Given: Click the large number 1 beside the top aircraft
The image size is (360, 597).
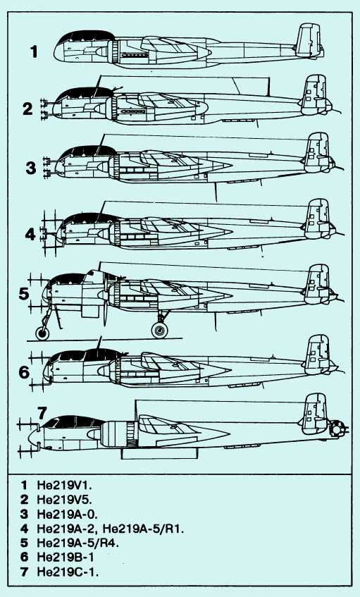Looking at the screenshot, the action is click(x=35, y=51).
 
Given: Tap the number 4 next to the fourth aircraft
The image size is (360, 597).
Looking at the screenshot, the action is click(x=30, y=234).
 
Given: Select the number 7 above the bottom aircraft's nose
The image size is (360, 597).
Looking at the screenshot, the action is click(x=42, y=413).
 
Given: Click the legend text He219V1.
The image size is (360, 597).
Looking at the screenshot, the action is click(x=65, y=486).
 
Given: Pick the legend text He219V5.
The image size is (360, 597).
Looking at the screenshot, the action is click(x=65, y=500).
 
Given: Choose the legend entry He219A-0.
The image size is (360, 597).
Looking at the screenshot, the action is click(x=68, y=515).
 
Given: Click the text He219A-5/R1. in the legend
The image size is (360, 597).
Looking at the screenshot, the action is click(x=144, y=529).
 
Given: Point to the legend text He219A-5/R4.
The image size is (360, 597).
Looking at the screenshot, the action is click(x=78, y=543).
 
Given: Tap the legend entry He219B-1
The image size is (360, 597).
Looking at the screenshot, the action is click(x=66, y=558).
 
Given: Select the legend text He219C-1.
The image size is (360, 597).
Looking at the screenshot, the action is click(x=68, y=572).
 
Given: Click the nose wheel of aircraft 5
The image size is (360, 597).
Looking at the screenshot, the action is click(x=42, y=333).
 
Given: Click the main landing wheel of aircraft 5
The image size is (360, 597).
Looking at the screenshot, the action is click(x=159, y=330).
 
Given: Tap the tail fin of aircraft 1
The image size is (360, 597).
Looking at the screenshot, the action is click(x=309, y=41).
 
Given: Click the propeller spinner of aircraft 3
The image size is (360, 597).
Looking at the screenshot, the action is click(x=104, y=167).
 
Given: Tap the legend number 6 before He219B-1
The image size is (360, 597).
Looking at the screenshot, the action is click(x=25, y=558).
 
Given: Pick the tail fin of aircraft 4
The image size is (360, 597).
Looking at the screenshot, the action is click(x=318, y=219).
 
